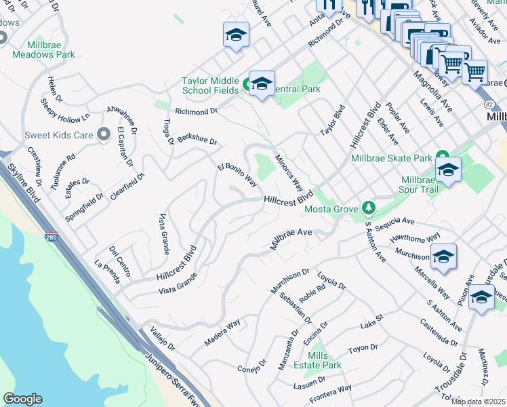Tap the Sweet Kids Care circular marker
tap(104, 134)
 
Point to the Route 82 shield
tap(489, 104)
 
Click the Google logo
tap(22, 399)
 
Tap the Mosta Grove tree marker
tap(368, 206)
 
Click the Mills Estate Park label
tap(324, 360)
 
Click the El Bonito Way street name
tap(237, 175)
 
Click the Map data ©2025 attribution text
tap(478, 402)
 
